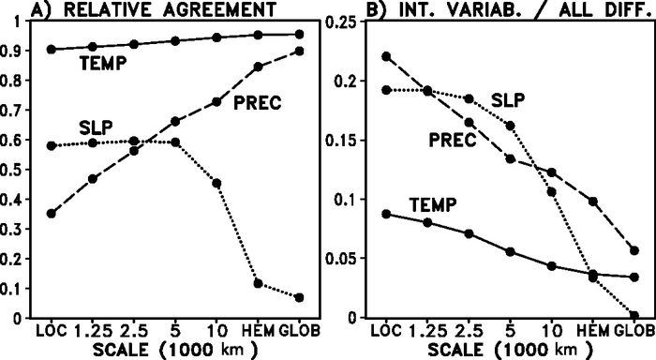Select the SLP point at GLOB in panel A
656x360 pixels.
(x=299, y=297)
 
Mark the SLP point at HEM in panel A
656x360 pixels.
(x=258, y=283)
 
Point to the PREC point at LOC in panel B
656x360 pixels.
(x=387, y=56)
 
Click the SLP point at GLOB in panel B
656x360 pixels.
(x=634, y=316)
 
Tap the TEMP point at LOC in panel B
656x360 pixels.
(x=387, y=214)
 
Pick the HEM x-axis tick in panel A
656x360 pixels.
(x=258, y=331)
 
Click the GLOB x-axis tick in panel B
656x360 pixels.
(x=633, y=331)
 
